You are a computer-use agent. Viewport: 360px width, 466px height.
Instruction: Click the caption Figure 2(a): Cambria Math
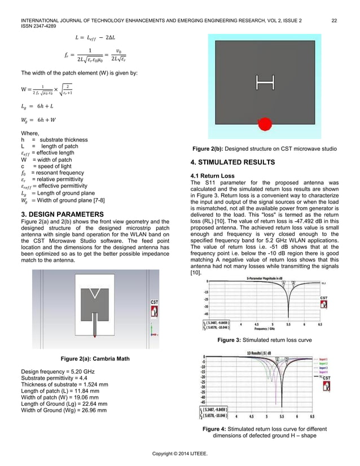pyautogui.click(x=94, y=359)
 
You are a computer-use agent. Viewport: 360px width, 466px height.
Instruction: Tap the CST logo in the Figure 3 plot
pyautogui.click(x=324, y=301)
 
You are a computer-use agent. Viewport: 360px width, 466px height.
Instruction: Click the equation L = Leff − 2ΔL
pyautogui.click(x=98, y=37)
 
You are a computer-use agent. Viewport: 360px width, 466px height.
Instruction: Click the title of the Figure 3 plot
pyautogui.click(x=266, y=278)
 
